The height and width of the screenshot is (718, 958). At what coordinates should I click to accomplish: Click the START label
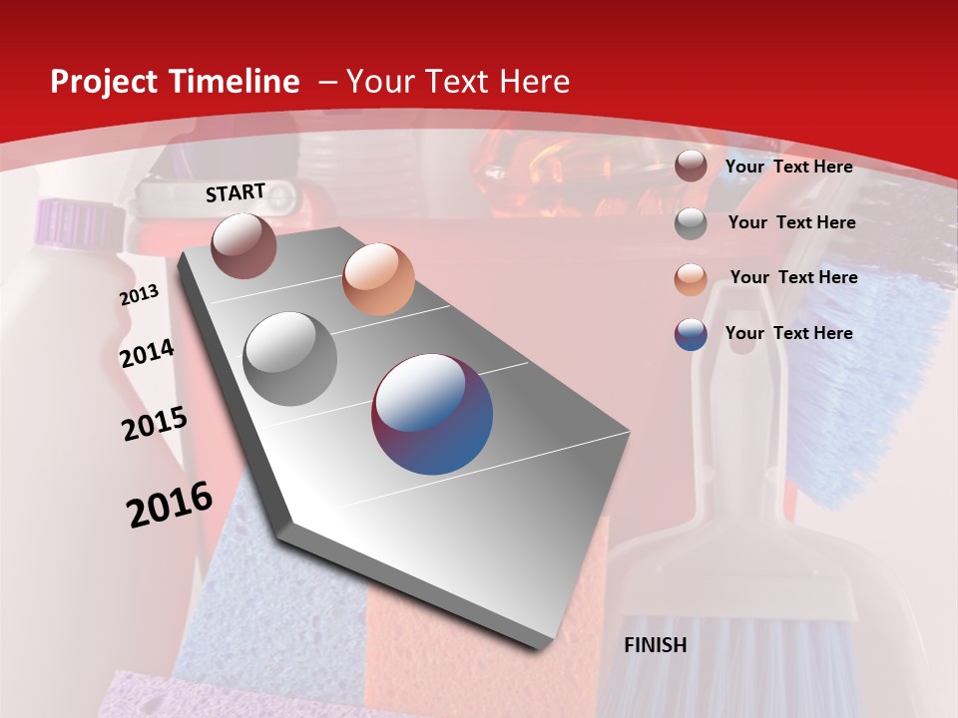[236, 192]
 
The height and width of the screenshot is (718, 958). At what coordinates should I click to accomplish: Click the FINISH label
[655, 645]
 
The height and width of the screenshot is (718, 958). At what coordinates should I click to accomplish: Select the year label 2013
[139, 295]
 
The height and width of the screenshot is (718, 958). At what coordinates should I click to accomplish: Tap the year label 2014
[147, 354]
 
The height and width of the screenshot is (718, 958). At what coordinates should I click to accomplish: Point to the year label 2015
[155, 424]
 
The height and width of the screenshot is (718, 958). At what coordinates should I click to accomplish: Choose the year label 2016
[170, 505]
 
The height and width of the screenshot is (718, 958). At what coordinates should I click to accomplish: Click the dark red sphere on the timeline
[243, 245]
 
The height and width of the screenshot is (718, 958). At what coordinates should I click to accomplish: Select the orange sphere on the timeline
[378, 278]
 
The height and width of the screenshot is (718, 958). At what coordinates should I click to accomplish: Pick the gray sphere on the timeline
[290, 359]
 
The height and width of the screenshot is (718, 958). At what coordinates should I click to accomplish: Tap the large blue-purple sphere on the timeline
[432, 414]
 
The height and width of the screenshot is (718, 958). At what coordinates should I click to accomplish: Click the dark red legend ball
[691, 167]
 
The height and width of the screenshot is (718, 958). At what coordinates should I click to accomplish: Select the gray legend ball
[691, 222]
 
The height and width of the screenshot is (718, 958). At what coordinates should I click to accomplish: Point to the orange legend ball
[691, 278]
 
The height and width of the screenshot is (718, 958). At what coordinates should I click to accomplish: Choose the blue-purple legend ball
[691, 334]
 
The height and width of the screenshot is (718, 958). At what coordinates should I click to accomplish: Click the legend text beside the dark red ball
[788, 167]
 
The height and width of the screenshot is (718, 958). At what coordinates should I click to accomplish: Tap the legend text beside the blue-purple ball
[788, 333]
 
